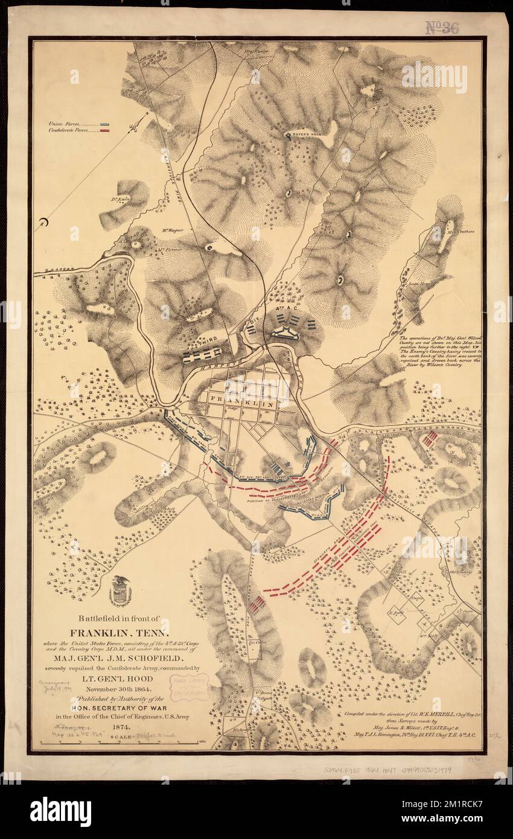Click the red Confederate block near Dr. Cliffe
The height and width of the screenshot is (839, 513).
pyautogui.click(x=256, y=604)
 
